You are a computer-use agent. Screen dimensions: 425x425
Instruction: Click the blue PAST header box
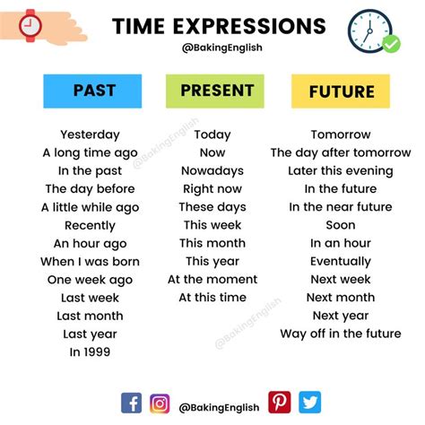coord(92,91)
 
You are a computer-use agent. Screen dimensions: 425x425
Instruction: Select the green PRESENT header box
coord(215,91)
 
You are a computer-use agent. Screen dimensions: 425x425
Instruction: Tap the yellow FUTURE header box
coord(341,91)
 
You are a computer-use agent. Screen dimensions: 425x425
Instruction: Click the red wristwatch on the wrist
coord(30,26)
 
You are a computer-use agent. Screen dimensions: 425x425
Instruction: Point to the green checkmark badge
coord(391,44)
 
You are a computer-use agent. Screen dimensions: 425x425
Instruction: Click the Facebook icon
coord(131,403)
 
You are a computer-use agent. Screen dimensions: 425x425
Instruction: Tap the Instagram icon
coord(160,403)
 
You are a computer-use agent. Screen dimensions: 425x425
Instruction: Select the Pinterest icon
coord(280,403)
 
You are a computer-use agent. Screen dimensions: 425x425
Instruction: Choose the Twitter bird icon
coord(310,403)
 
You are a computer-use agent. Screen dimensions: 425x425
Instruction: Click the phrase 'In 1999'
coord(90,352)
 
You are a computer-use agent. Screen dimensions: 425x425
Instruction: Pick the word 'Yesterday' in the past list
coord(90,134)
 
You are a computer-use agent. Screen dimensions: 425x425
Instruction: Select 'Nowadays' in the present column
coord(212,171)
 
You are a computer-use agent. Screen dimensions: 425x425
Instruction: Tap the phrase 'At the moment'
coord(212,280)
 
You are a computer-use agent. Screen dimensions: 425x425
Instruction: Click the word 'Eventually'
coord(341,262)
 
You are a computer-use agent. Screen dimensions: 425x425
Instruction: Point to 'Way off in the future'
coord(341,334)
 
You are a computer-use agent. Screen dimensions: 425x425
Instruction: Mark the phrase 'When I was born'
coord(90,262)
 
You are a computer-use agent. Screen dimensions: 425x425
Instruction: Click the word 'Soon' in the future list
coord(341,225)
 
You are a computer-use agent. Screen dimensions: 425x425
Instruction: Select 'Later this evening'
coord(341,171)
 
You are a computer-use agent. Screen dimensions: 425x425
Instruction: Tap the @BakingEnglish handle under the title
coord(222,48)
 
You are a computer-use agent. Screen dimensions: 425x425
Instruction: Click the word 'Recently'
coord(90,226)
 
